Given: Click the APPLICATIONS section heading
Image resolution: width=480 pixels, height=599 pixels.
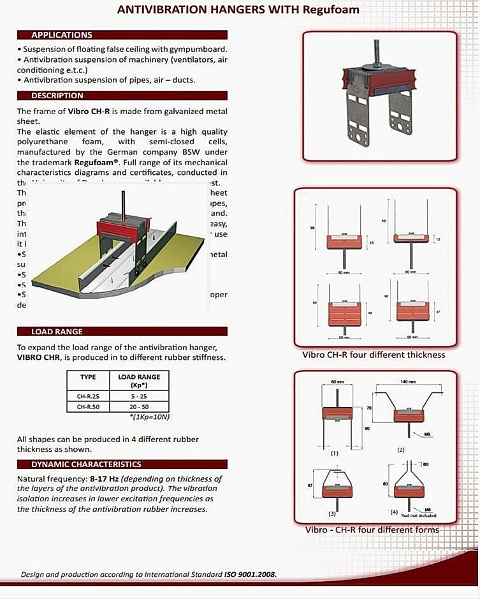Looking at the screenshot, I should pyautogui.click(x=62, y=35).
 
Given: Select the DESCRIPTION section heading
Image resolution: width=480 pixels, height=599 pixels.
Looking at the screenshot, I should pyautogui.click(x=57, y=96).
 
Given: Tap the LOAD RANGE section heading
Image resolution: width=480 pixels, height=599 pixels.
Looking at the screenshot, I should pyautogui.click(x=57, y=332).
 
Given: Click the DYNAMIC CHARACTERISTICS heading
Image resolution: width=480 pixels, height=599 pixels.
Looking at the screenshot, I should pyautogui.click(x=87, y=464).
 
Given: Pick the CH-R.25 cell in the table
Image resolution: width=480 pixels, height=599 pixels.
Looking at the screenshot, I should pyautogui.click(x=88, y=396).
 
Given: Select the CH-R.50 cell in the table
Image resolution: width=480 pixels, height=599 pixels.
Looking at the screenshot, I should pyautogui.click(x=88, y=406).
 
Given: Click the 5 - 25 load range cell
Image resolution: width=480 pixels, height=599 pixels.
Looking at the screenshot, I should pyautogui.click(x=139, y=396).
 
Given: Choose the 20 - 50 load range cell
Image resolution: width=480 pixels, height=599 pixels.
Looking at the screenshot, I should pyautogui.click(x=139, y=406).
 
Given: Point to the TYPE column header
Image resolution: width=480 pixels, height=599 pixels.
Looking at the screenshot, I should pyautogui.click(x=88, y=377).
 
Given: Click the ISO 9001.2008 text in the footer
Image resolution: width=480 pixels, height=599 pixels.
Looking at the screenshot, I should pyautogui.click(x=250, y=574).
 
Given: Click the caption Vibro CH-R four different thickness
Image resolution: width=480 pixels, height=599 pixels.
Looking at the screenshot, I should pyautogui.click(x=375, y=355).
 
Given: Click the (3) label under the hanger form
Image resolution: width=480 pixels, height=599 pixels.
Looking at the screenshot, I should pyautogui.click(x=332, y=512).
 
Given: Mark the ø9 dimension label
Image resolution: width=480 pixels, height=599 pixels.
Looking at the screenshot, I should pyautogui.click(x=426, y=464).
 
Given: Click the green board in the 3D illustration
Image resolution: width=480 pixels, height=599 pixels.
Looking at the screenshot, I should pyautogui.click(x=70, y=262).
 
